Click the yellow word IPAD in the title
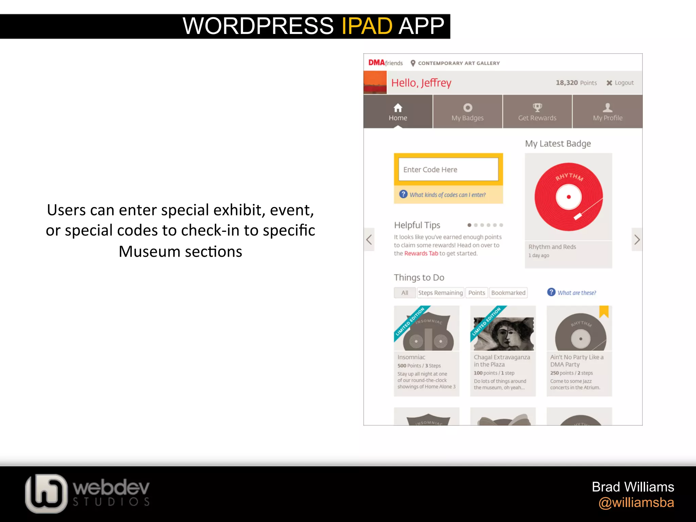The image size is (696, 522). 367,26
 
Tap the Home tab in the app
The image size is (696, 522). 398,112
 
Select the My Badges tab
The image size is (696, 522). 468,112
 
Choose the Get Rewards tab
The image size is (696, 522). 537,112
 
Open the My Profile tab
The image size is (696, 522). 608,112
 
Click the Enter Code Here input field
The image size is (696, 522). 448,169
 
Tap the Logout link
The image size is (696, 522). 621,83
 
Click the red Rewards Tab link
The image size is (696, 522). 421,254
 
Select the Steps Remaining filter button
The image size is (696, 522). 440,293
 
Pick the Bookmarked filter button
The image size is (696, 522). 508,293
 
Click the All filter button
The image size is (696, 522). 404,293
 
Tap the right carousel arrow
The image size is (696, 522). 637,240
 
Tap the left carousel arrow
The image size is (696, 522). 369,240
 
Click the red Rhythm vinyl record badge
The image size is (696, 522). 569,197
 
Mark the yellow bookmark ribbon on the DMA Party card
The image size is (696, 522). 604,311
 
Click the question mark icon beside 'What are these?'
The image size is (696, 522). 551,292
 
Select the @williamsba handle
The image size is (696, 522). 636,503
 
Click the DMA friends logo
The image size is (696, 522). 385,63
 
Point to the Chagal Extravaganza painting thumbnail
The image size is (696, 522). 504,334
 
